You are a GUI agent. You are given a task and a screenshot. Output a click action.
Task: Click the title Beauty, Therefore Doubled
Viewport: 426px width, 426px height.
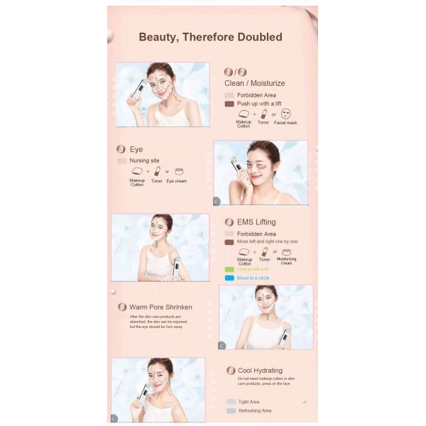(210, 37)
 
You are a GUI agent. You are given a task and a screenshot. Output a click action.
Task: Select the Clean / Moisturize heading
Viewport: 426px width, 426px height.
(255, 83)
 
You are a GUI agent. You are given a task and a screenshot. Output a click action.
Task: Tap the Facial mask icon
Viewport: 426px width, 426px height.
(285, 113)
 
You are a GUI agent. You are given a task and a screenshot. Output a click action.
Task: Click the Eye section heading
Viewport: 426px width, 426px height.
(136, 150)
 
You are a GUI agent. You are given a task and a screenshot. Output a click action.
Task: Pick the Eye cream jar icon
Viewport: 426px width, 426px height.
(179, 171)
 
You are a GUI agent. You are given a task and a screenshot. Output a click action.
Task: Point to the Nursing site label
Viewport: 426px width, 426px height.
(143, 161)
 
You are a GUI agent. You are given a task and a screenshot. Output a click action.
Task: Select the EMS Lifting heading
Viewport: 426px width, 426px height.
(256, 222)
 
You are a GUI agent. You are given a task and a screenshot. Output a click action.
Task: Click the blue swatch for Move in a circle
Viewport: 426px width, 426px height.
(229, 278)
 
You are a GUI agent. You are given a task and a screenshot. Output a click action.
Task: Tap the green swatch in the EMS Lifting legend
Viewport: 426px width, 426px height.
(229, 270)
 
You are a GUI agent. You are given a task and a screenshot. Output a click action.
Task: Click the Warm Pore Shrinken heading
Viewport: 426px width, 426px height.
(160, 307)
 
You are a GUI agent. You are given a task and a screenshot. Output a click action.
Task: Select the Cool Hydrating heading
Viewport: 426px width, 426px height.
(260, 371)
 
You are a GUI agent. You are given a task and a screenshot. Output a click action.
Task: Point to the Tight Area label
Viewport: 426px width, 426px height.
(248, 402)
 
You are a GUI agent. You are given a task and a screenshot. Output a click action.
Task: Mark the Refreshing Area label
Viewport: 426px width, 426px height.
(254, 410)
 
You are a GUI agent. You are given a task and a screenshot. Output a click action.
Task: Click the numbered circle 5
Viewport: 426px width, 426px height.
(122, 307)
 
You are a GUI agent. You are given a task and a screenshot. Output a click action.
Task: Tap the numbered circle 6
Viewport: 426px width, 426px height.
(231, 371)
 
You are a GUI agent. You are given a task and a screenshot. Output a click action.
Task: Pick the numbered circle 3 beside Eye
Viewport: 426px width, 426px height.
(121, 150)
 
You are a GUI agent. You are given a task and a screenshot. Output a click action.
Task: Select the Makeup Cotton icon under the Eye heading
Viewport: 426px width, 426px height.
(137, 171)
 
